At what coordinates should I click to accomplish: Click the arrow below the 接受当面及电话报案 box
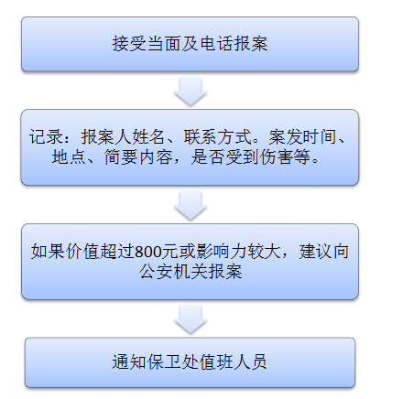point(191,92)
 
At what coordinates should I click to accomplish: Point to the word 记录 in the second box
point(46,136)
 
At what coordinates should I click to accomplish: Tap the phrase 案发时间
point(302,136)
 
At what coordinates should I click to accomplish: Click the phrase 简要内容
point(138,157)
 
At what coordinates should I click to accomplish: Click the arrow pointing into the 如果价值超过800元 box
point(191,205)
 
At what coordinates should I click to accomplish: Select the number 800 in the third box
point(147,252)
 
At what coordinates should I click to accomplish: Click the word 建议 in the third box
point(315,252)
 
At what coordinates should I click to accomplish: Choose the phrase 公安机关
point(173,272)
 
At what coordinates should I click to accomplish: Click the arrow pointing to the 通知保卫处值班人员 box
point(191,319)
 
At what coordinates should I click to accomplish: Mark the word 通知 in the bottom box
point(129,362)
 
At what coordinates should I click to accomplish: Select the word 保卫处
point(172,362)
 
